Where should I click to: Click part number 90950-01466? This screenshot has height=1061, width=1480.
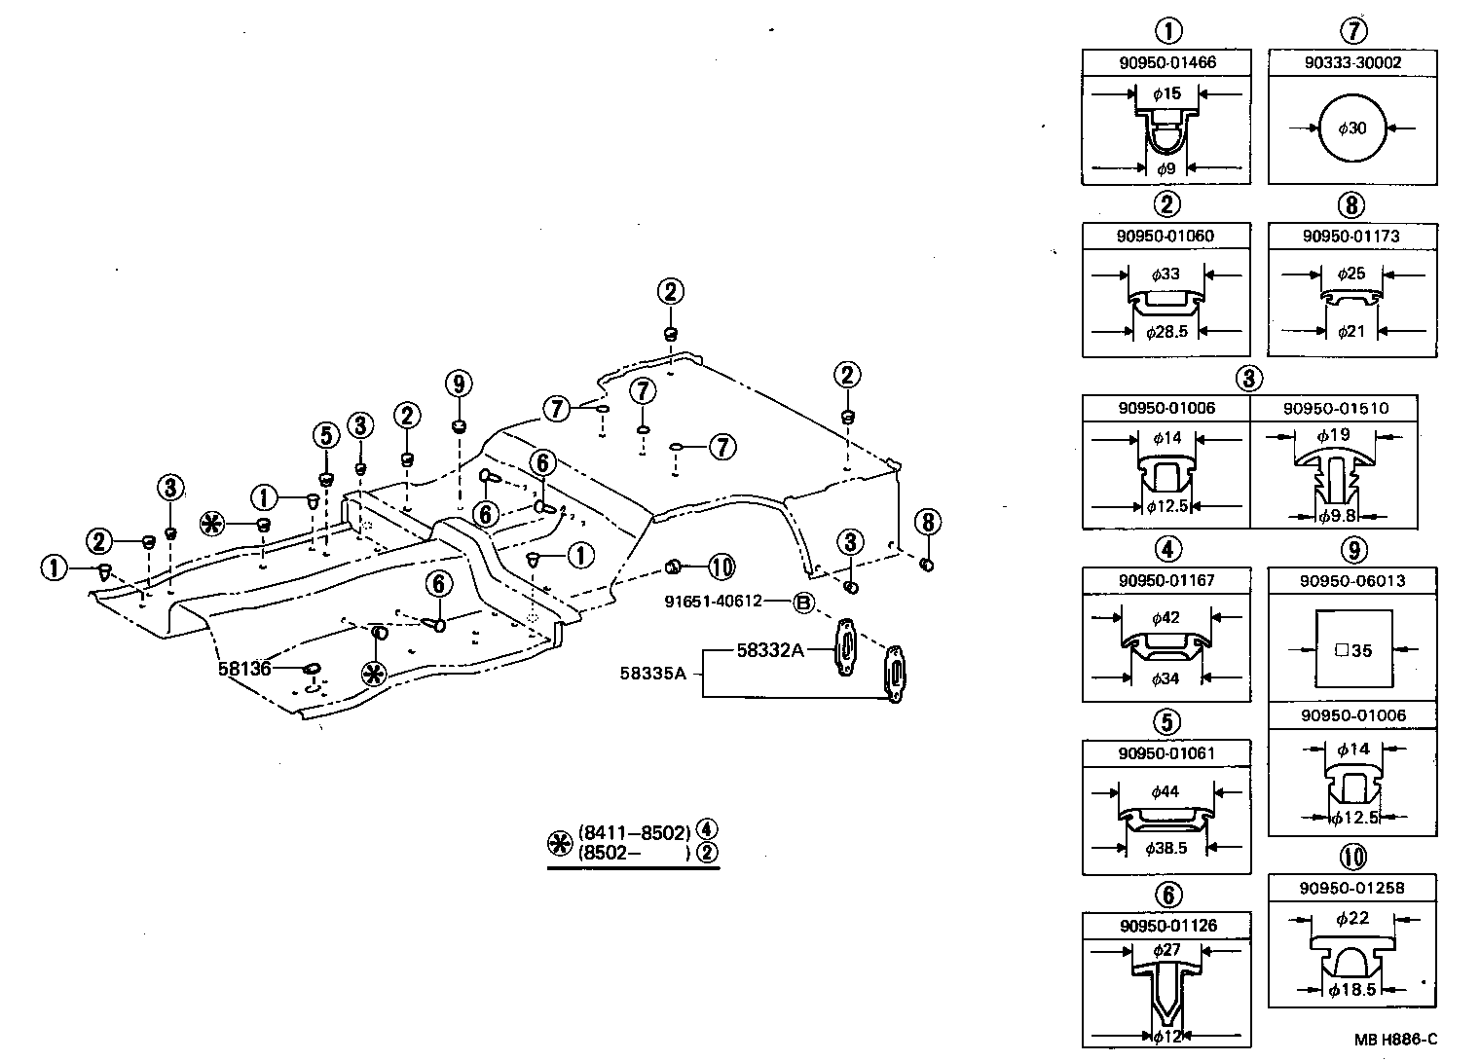[x=1166, y=63]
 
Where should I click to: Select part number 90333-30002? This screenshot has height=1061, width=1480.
[x=1352, y=63]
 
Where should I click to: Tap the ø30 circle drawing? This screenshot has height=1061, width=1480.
[x=1352, y=128]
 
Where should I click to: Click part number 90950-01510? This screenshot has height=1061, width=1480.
[x=1335, y=408]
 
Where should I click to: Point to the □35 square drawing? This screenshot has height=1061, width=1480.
[x=1352, y=649]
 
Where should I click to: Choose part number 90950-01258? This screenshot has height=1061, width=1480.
[x=1352, y=888]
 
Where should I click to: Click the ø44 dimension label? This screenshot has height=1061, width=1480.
[x=1165, y=791]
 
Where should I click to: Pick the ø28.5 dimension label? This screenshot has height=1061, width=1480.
[x=1166, y=332]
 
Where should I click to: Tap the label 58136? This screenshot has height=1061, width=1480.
[x=243, y=669]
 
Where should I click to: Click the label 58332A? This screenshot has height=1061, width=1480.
[x=770, y=650]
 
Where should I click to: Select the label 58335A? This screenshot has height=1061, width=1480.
[x=653, y=673]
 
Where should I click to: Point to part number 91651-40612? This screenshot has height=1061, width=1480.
[x=713, y=602]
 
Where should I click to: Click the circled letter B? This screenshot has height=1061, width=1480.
[x=803, y=603]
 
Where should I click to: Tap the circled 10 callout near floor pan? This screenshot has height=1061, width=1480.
[x=721, y=567]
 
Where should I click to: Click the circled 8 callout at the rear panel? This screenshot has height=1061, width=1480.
[x=927, y=523]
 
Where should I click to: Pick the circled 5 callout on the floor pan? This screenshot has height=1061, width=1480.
[x=325, y=434]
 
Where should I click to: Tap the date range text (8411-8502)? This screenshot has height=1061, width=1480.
[x=634, y=832]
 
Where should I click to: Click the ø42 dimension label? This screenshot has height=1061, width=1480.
[x=1165, y=618]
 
